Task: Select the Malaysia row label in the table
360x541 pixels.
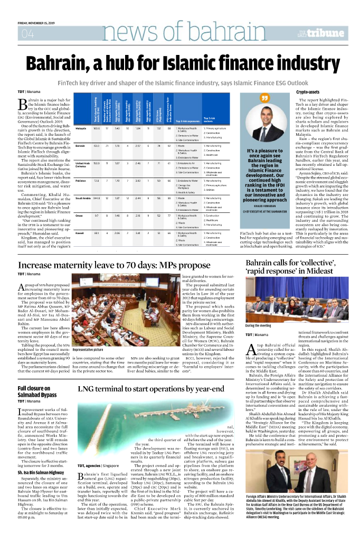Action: pyautogui.click(x=81, y=128)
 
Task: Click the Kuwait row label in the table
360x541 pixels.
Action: pyautogui.click(x=80, y=232)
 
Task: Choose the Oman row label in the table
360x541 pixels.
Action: pyautogui.click(x=80, y=216)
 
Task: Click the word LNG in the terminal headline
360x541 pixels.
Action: pyautogui.click(x=87, y=374)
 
